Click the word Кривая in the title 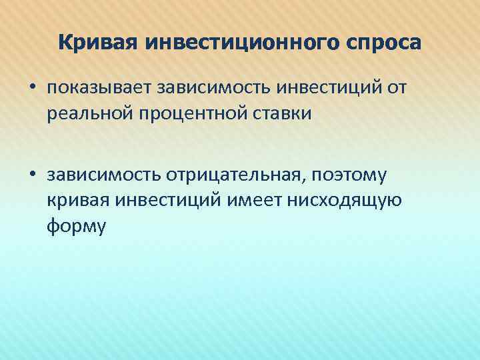[x=97, y=43]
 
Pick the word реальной [x=85, y=113]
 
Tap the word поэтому [x=356, y=175]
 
